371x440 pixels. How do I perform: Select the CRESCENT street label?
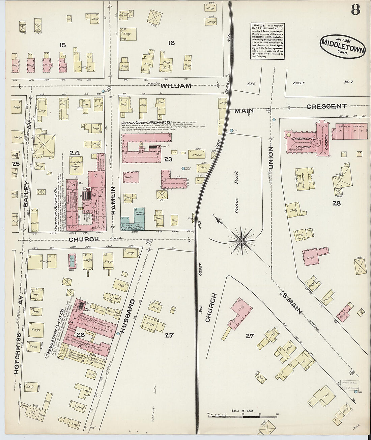(x=326, y=106)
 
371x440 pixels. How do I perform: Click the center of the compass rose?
(x=241, y=241)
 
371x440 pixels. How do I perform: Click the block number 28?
(x=337, y=203)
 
